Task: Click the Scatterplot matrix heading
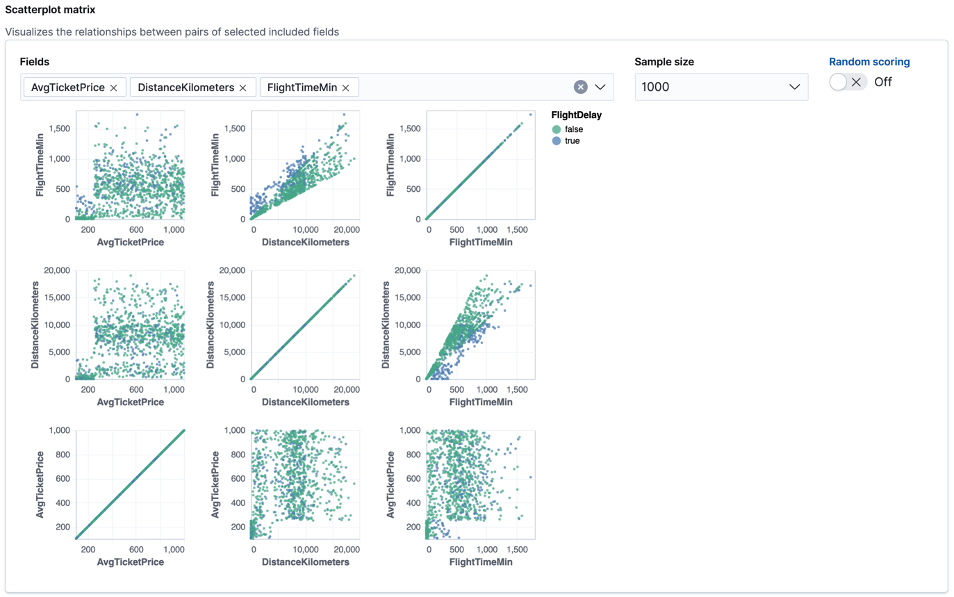point(51,10)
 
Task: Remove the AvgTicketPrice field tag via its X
point(113,88)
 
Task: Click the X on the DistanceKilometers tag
point(242,88)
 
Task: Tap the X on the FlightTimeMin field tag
point(345,88)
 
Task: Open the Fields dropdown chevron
point(601,87)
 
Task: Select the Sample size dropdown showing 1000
point(721,87)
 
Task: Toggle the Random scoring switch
point(848,82)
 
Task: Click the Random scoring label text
point(869,62)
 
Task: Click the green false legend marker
point(556,129)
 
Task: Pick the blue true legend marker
point(556,140)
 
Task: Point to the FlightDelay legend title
point(576,115)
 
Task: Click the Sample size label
point(664,62)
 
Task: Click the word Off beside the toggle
point(883,82)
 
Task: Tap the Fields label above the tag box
point(35,62)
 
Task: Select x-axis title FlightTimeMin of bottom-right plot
point(480,562)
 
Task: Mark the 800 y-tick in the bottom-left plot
point(62,455)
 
